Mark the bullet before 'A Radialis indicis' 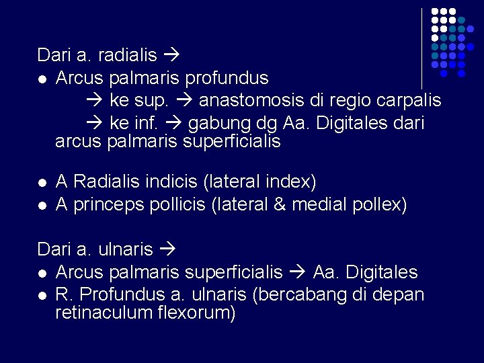pos(42,182)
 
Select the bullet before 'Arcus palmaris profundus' pos(42,79)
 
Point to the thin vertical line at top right pos(421,47)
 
